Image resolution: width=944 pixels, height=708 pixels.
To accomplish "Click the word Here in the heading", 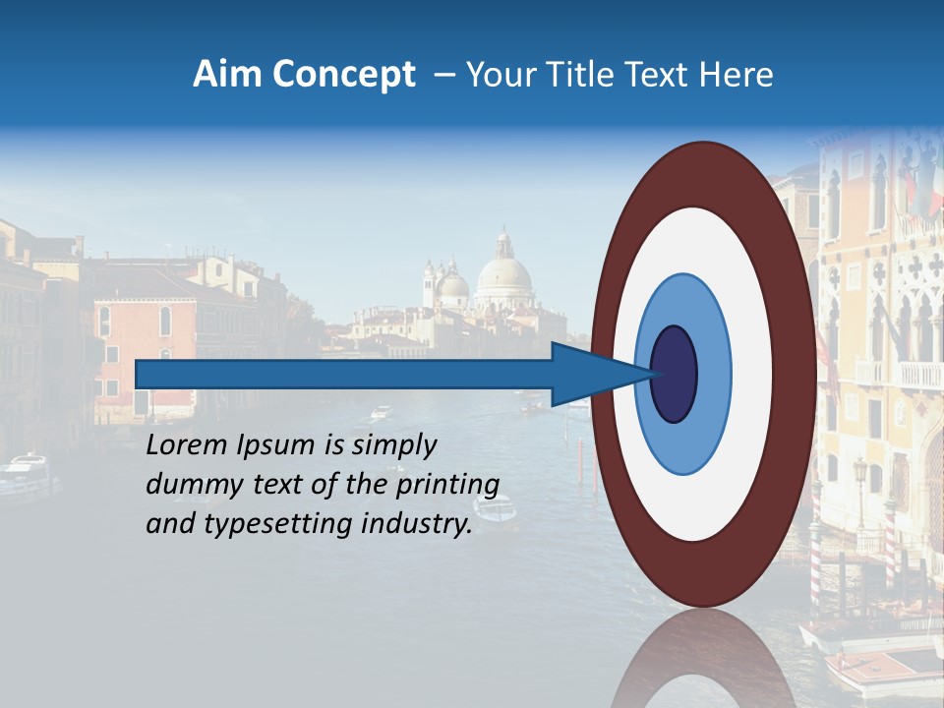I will pyautogui.click(x=737, y=75).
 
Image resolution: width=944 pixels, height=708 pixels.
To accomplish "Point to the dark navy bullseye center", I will pyautogui.click(x=674, y=375).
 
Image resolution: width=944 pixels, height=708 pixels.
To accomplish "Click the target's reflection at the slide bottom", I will pyautogui.click(x=703, y=659).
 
